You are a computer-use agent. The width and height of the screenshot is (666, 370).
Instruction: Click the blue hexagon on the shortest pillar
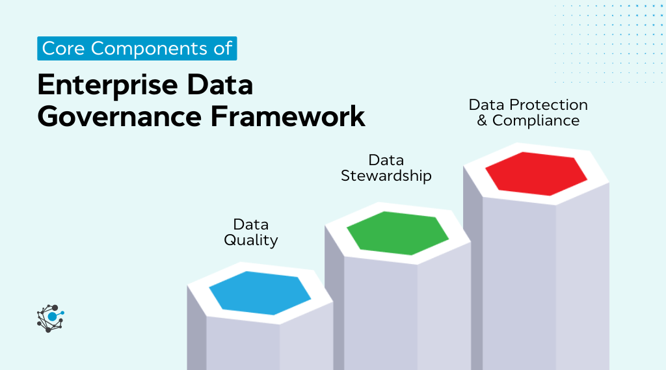point(260,293)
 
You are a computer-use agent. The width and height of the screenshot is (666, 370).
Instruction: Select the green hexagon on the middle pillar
point(397,232)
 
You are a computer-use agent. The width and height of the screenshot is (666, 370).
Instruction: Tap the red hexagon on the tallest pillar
point(536,173)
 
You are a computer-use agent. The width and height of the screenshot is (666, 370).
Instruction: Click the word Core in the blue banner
point(62,49)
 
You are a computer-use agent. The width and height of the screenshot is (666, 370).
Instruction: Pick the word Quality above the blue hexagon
point(251,240)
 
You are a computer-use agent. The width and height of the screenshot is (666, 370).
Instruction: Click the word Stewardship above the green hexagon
point(386,176)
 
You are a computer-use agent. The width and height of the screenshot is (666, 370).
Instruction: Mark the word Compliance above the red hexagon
point(536,120)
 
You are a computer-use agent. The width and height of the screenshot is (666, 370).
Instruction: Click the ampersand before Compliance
point(483,120)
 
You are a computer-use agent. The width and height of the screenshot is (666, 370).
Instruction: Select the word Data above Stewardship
point(386,160)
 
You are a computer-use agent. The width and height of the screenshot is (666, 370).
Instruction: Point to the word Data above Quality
point(251,224)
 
